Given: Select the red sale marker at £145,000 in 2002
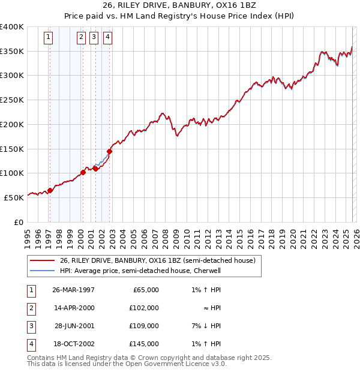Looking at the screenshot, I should [110, 151].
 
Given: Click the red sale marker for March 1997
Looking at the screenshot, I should [50, 190].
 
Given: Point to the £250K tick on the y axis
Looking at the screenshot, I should [13, 100].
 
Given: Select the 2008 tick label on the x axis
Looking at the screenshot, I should [164, 235].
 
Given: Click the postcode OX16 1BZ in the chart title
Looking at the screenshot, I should [234, 6].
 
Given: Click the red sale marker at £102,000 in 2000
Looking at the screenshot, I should [83, 173].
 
